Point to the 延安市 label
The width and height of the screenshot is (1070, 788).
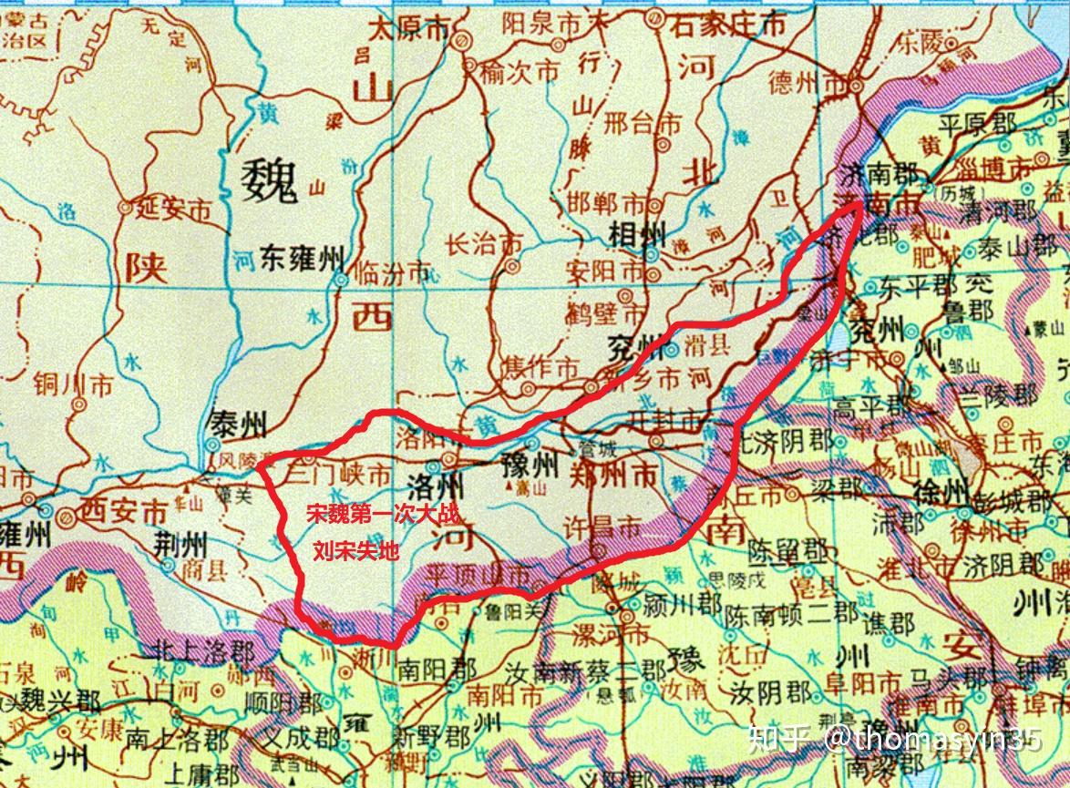[173, 209]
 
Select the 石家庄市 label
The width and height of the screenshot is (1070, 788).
[728, 25]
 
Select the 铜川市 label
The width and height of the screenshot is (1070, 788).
[73, 385]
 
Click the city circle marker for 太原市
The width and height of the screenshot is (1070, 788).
[462, 40]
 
